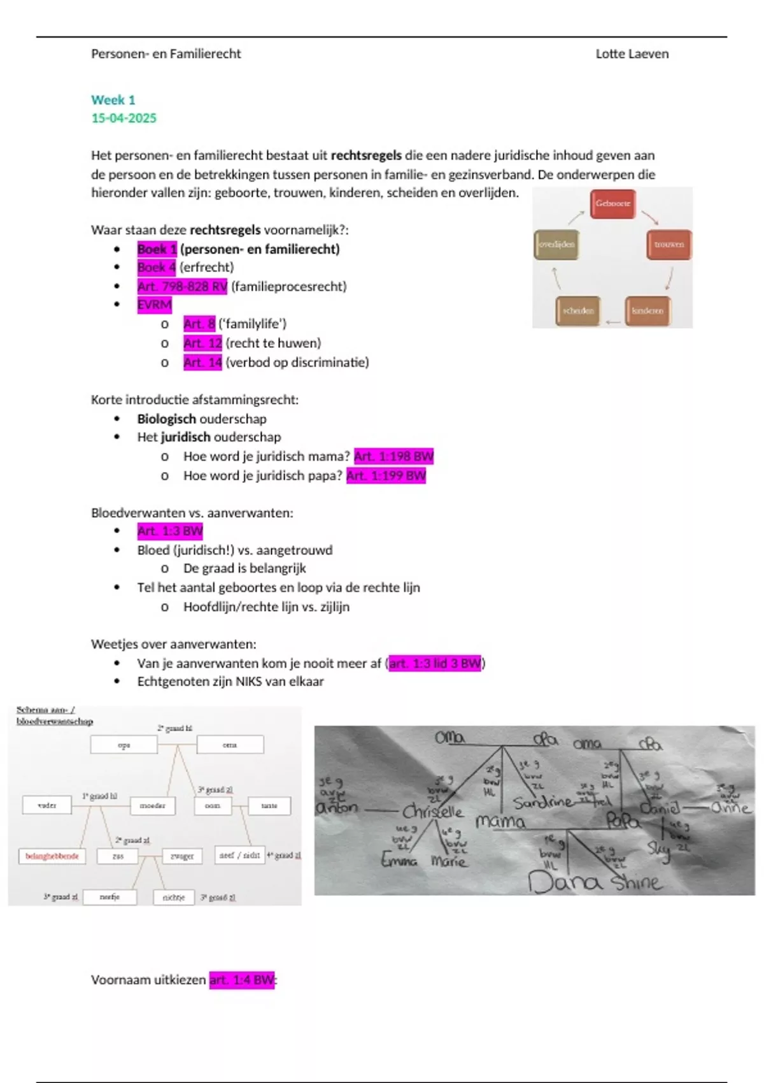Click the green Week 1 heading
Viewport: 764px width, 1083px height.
click(113, 100)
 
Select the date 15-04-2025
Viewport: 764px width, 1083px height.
click(124, 118)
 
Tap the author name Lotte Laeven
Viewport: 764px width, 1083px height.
click(632, 54)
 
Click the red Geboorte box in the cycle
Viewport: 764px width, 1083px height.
click(612, 204)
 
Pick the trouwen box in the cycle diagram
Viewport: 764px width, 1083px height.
click(668, 245)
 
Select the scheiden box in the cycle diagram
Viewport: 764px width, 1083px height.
click(577, 311)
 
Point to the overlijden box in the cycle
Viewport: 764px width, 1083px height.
click(556, 245)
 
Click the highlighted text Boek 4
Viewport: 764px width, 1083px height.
click(156, 268)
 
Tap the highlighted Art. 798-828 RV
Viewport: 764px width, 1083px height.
click(182, 287)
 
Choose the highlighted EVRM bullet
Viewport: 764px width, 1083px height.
click(154, 305)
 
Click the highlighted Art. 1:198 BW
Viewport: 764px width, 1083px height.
click(393, 456)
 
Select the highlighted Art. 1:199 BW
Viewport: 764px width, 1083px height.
click(386, 475)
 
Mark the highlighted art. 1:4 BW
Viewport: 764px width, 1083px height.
click(242, 980)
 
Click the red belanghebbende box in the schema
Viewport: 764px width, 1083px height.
click(52, 856)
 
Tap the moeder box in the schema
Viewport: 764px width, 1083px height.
click(152, 806)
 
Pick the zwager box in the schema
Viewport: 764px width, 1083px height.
click(182, 856)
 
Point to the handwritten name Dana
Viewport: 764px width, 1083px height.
click(564, 882)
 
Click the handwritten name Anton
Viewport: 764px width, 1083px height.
click(337, 807)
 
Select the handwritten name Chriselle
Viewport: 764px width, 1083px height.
click(433, 811)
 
